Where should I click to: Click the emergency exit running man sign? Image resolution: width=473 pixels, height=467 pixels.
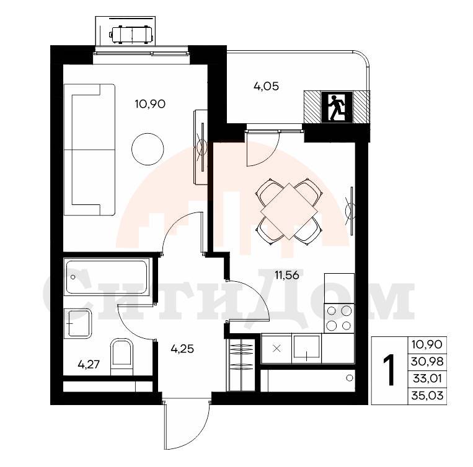pyautogui.click(x=337, y=107)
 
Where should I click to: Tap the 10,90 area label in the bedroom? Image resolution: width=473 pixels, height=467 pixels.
pyautogui.click(x=150, y=104)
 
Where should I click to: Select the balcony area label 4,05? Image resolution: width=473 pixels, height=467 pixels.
pyautogui.click(x=266, y=87)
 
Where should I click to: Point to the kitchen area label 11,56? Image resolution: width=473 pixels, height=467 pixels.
pyautogui.click(x=286, y=275)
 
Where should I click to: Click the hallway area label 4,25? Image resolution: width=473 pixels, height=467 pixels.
pyautogui.click(x=182, y=349)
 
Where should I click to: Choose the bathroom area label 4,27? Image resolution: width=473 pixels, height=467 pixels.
pyautogui.click(x=89, y=365)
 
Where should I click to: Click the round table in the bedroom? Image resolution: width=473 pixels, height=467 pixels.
pyautogui.click(x=148, y=149)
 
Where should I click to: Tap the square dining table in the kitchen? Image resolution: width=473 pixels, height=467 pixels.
pyautogui.click(x=290, y=211)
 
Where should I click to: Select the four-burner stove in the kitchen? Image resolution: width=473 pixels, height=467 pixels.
pyautogui.click(x=339, y=318)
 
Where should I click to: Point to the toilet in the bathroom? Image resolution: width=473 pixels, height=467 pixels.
pyautogui.click(x=122, y=357)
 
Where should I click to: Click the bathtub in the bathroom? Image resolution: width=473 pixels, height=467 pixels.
pyautogui.click(x=107, y=277)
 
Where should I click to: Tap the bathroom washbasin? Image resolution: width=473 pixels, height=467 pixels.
pyautogui.click(x=78, y=323)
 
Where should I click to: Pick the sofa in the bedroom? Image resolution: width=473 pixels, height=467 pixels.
pyautogui.click(x=89, y=150)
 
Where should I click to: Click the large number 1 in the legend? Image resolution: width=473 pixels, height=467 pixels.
pyautogui.click(x=389, y=370)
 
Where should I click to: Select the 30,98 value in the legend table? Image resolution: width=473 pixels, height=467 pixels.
pyautogui.click(x=427, y=361)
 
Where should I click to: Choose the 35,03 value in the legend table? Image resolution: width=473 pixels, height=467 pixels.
pyautogui.click(x=427, y=395)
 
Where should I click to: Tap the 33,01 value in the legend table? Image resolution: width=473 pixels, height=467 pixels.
pyautogui.click(x=427, y=378)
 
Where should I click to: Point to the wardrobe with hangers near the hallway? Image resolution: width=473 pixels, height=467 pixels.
pyautogui.click(x=242, y=365)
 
